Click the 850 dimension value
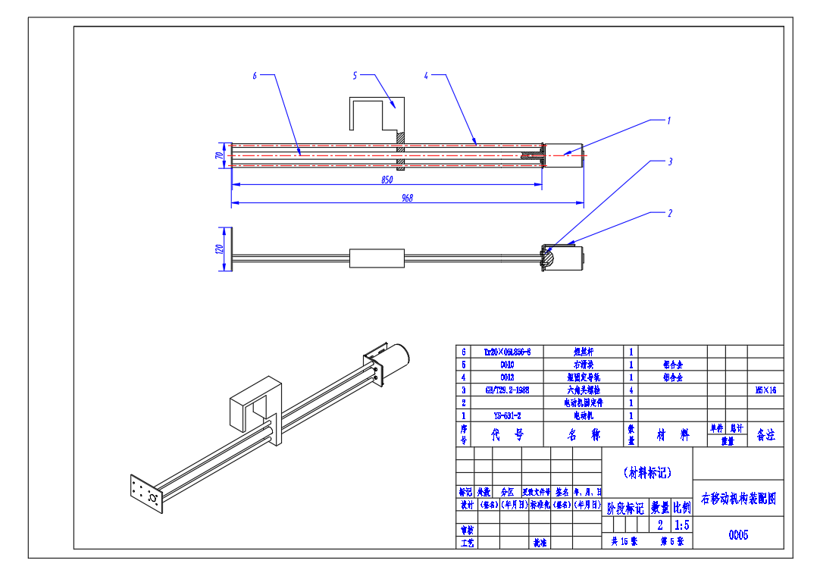[x=387, y=180]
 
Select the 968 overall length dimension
[x=407, y=198]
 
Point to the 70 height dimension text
[x=219, y=155]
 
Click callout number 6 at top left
[x=255, y=75]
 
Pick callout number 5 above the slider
[x=355, y=75]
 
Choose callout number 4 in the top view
[x=426, y=75]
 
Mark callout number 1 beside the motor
[x=668, y=120]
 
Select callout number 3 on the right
[x=670, y=161]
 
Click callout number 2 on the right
[x=670, y=213]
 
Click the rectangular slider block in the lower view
[x=376, y=258]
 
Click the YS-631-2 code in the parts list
[x=506, y=415]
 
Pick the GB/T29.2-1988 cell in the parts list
[x=506, y=390]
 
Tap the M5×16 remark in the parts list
[x=765, y=390]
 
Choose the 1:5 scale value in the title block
[x=681, y=524]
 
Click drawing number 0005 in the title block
[x=738, y=535]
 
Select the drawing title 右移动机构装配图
[x=738, y=498]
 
